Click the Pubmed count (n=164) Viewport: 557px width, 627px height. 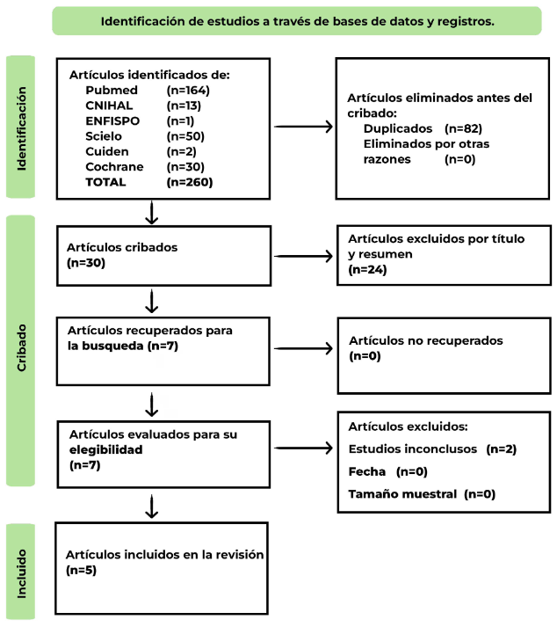188,90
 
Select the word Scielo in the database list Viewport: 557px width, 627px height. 104,136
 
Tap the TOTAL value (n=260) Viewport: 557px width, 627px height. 189,182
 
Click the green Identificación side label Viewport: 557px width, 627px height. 21,127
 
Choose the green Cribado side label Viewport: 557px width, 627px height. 21,350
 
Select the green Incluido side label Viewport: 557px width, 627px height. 21,572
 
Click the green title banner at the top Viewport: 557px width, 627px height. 297,20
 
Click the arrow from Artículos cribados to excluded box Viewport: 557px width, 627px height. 304,257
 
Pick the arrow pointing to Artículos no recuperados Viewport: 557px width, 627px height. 304,348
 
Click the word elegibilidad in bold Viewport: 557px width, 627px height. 105,449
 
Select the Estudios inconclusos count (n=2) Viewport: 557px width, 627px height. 501,449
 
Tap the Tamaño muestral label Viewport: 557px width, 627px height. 403,494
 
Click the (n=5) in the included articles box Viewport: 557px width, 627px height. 81,570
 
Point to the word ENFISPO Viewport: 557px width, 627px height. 114,120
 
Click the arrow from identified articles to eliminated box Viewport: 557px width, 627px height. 304,127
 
